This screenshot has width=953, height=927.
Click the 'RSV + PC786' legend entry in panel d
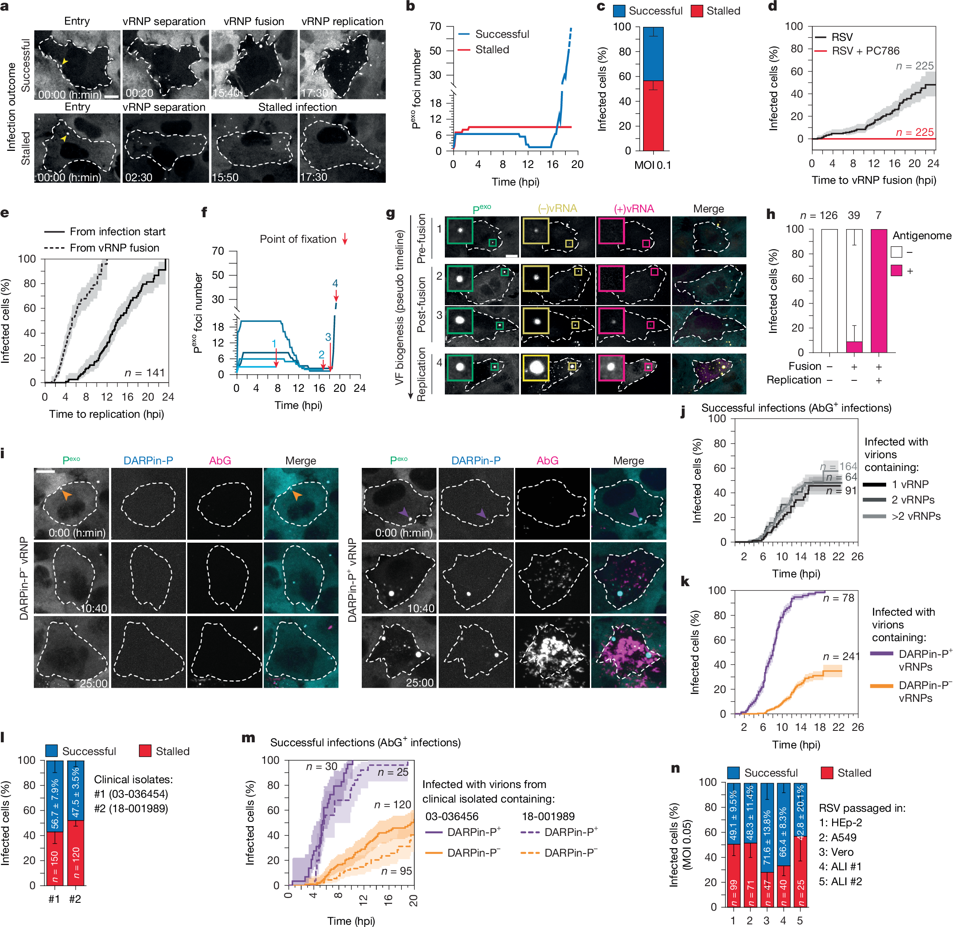(x=866, y=51)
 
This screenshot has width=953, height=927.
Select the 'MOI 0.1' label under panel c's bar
(x=652, y=165)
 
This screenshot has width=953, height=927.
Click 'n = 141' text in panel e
(x=145, y=372)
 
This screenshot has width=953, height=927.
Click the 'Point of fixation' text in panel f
(x=298, y=239)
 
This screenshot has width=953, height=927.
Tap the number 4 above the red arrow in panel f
(x=335, y=283)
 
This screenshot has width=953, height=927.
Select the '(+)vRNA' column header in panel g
(x=633, y=209)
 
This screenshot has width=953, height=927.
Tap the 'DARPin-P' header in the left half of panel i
(x=148, y=460)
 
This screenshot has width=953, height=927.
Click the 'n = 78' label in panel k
(x=838, y=598)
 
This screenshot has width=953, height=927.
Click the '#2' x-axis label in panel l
(x=75, y=899)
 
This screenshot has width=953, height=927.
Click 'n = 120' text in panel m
(x=392, y=804)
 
